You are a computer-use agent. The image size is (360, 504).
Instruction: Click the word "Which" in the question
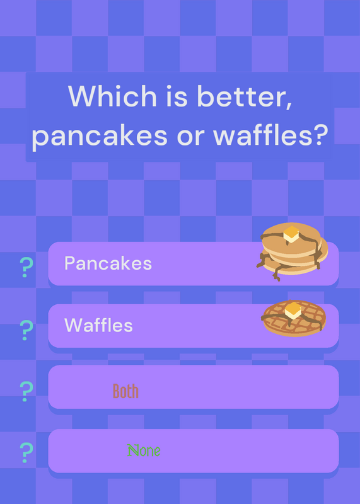[x=112, y=96]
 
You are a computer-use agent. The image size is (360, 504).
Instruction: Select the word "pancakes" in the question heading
[x=100, y=135]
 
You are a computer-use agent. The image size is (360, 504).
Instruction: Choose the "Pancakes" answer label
[x=108, y=263]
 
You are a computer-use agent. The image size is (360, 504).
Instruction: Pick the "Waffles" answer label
[x=98, y=325]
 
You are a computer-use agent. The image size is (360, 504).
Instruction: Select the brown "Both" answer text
[x=125, y=391]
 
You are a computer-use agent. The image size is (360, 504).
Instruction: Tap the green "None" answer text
[x=144, y=450]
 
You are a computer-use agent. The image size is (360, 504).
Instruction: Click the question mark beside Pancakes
[x=26, y=267]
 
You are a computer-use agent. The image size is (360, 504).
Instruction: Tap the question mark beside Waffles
[x=26, y=330]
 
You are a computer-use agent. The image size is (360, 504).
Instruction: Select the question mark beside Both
[x=26, y=391]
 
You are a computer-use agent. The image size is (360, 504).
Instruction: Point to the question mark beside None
[x=26, y=452]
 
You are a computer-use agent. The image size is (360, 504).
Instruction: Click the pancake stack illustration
[x=292, y=251]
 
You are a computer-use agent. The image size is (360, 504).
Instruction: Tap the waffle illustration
[x=294, y=318]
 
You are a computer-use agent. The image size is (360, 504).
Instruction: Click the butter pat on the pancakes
[x=291, y=234]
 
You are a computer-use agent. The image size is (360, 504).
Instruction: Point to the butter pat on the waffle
[x=293, y=310]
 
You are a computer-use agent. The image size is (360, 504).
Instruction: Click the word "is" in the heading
[x=177, y=96]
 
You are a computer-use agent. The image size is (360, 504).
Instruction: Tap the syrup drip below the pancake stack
[x=277, y=274]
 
